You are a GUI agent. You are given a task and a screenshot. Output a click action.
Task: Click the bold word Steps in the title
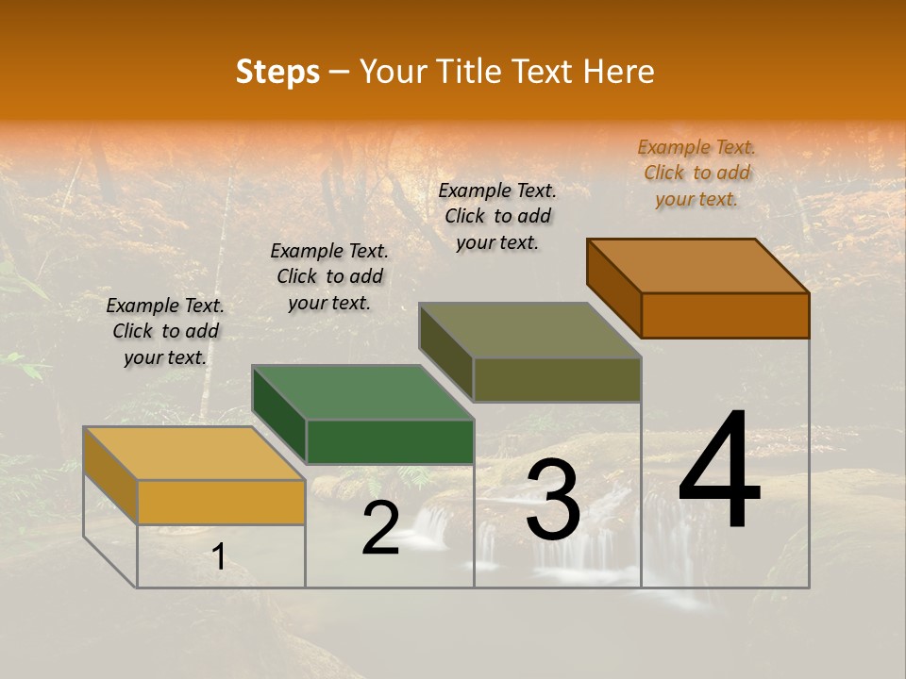coord(277,72)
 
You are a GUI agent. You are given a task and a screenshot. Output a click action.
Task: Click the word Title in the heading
coord(472,72)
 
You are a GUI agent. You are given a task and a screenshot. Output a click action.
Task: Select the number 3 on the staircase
coord(552,501)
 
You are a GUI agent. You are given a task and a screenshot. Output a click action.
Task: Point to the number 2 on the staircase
coord(380,527)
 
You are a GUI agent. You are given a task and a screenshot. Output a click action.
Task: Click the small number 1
coord(218,557)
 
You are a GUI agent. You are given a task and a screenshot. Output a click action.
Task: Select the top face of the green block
coord(362,391)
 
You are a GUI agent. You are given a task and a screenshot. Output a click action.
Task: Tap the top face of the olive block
coord(530,330)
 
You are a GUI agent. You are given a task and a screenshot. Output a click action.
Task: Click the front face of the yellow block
coord(221,502)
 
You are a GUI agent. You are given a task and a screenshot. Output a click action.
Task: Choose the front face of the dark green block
coord(390,441)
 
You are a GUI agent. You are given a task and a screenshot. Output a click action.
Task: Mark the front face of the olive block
coord(557,379)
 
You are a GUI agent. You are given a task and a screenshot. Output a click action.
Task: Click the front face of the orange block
coord(725,315)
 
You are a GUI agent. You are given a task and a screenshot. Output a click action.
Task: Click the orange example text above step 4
coord(696,173)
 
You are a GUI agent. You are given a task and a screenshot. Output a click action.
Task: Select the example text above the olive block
coord(497,216)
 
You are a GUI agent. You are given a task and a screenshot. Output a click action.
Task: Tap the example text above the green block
coord(329,276)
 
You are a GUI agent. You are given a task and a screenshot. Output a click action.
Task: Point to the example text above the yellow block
coord(165,331)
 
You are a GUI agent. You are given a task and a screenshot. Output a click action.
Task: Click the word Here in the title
coord(618,72)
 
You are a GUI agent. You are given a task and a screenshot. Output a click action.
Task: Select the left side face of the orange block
coord(613,287)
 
